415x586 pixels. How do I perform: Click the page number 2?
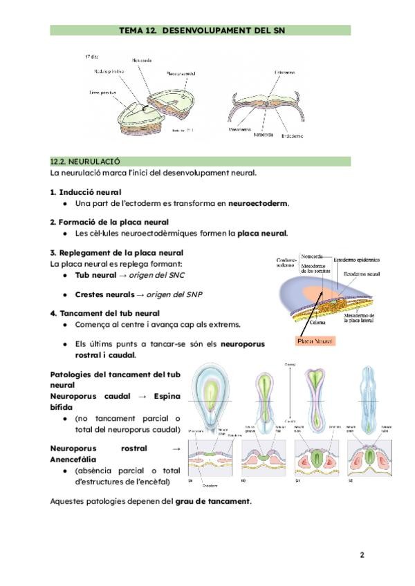(361, 555)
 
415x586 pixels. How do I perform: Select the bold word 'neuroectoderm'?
(258, 203)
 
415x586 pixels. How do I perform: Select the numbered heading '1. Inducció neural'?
(85, 191)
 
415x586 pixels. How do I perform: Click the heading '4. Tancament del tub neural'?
(104, 312)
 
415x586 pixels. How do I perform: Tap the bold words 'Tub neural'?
(95, 274)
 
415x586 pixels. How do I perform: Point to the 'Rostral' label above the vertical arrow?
(290, 364)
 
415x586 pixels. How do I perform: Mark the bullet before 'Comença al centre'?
(64, 324)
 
